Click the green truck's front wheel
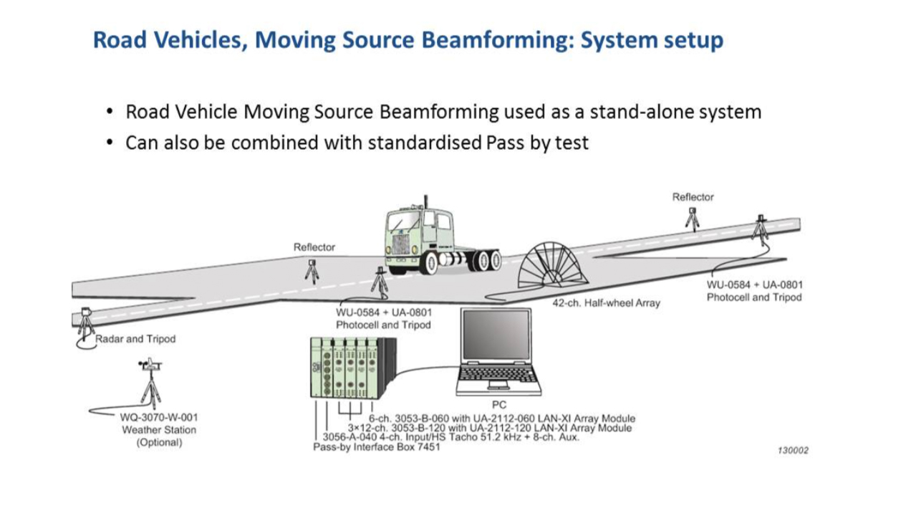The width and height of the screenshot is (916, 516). pos(429,263)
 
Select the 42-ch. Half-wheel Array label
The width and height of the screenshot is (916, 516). pos(606,303)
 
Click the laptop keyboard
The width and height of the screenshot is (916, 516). pos(498,373)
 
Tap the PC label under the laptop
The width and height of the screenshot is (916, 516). pos(498,405)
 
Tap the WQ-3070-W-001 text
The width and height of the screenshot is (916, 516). pos(158,417)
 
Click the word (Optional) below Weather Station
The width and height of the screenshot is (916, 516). pos(158,443)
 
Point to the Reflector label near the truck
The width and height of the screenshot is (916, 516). pos(314,247)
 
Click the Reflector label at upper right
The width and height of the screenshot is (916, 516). pos(693,197)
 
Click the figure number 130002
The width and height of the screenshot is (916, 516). pos(793,450)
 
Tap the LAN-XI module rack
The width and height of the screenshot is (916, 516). pos(351,368)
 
